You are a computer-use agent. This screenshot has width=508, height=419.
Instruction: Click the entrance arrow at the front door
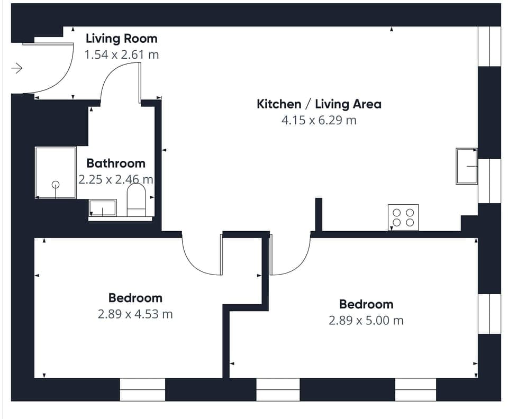pyautogui.click(x=17, y=68)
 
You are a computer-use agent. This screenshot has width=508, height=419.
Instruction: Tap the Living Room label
pyautogui.click(x=121, y=39)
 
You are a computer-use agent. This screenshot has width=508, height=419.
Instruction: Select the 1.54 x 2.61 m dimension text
pyautogui.click(x=121, y=54)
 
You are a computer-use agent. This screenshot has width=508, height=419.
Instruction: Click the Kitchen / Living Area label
pyautogui.click(x=319, y=104)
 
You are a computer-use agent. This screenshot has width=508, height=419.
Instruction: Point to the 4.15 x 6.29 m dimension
pyautogui.click(x=319, y=120)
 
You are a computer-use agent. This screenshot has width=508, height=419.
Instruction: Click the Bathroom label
pyautogui.click(x=116, y=163)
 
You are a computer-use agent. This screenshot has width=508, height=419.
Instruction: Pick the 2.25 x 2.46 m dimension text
pyautogui.click(x=116, y=180)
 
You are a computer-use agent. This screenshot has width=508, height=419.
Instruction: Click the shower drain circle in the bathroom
pyautogui.click(x=56, y=185)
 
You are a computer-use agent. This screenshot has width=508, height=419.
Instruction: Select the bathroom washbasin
pyautogui.click(x=103, y=208)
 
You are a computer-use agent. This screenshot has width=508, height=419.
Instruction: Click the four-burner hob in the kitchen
pyautogui.click(x=403, y=217)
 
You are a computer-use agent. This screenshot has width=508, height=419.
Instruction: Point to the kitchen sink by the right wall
pyautogui.click(x=466, y=166)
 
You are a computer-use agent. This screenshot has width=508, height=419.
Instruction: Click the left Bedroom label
pyautogui.click(x=135, y=298)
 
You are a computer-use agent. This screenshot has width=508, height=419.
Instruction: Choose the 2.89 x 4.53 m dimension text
pyautogui.click(x=135, y=314)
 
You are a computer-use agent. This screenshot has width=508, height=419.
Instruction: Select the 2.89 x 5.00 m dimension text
pyautogui.click(x=366, y=321)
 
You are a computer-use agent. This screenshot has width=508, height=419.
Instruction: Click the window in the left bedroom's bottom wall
pyautogui.click(x=142, y=389)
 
